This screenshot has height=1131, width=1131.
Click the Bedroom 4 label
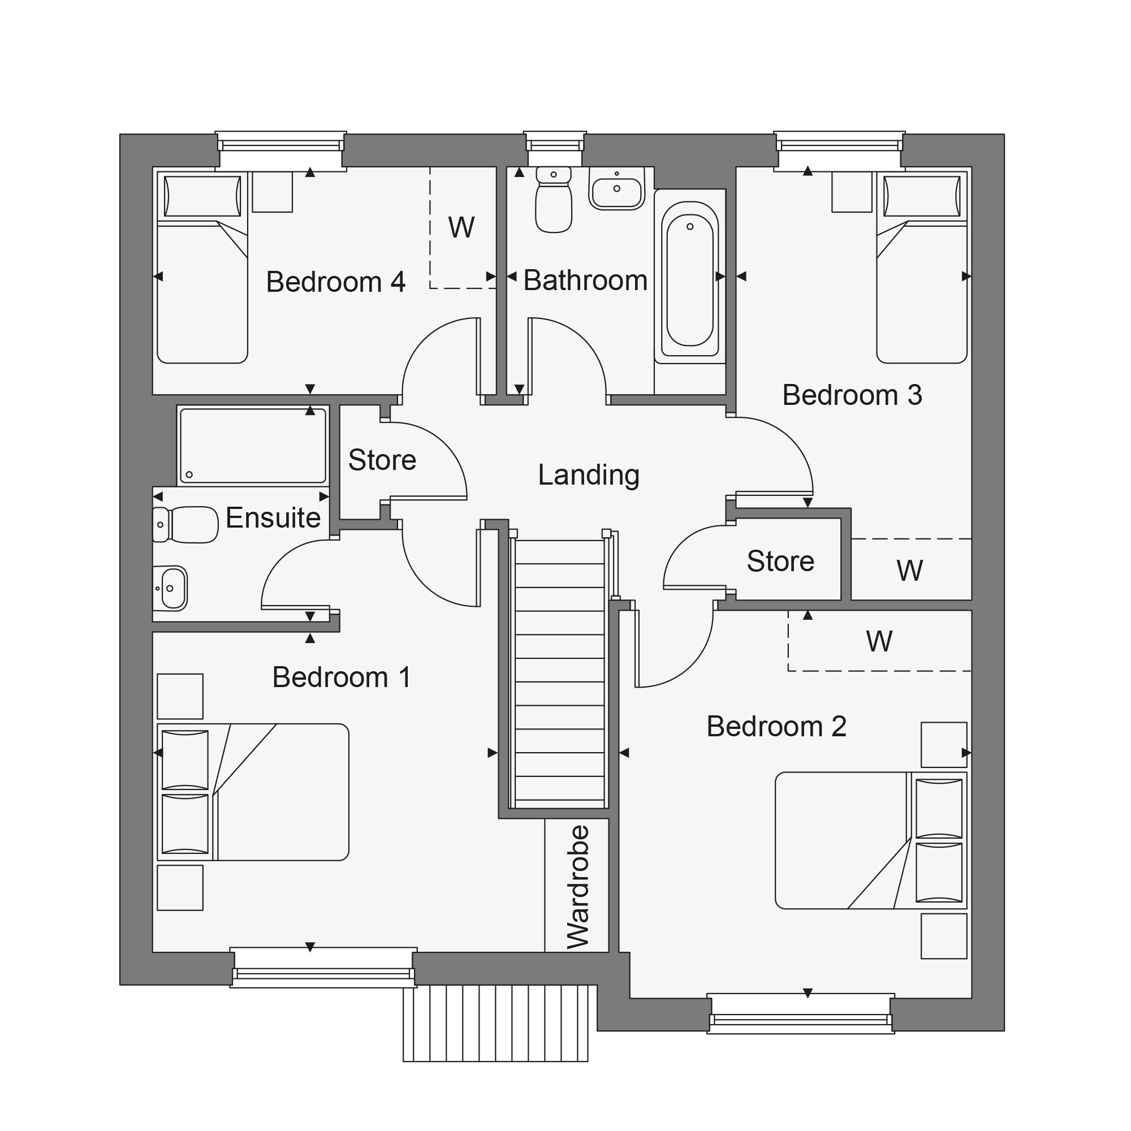[x=335, y=282]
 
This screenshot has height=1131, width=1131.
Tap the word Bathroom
[x=585, y=280]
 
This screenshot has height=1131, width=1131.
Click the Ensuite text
[x=273, y=517]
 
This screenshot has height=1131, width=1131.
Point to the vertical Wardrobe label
[x=579, y=887]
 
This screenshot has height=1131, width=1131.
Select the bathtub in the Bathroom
[x=690, y=277]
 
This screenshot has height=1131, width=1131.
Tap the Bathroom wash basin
[x=616, y=188]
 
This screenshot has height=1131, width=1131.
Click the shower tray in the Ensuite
[x=253, y=446]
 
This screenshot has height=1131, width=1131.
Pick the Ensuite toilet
[x=185, y=525]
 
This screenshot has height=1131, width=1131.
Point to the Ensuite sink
[x=170, y=588]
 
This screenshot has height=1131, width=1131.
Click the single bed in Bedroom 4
[x=202, y=267]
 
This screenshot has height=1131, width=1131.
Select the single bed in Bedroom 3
[x=921, y=267]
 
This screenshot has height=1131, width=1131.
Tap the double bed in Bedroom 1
[x=253, y=792]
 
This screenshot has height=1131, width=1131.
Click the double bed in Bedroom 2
[x=871, y=841]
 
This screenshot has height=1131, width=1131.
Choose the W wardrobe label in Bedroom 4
[x=461, y=228]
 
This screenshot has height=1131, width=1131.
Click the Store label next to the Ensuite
[x=382, y=460]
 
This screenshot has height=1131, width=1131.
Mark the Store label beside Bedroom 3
[x=780, y=562]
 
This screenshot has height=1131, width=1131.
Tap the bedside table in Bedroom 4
[x=272, y=192]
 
